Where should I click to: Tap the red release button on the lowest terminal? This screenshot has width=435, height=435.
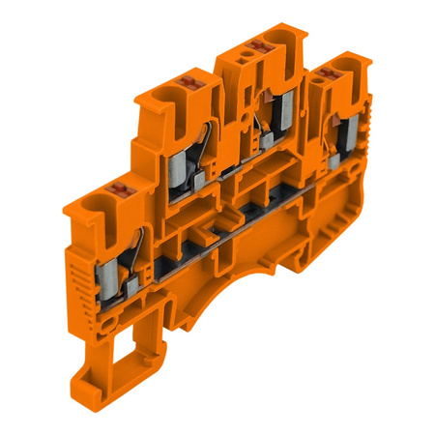[121, 187]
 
